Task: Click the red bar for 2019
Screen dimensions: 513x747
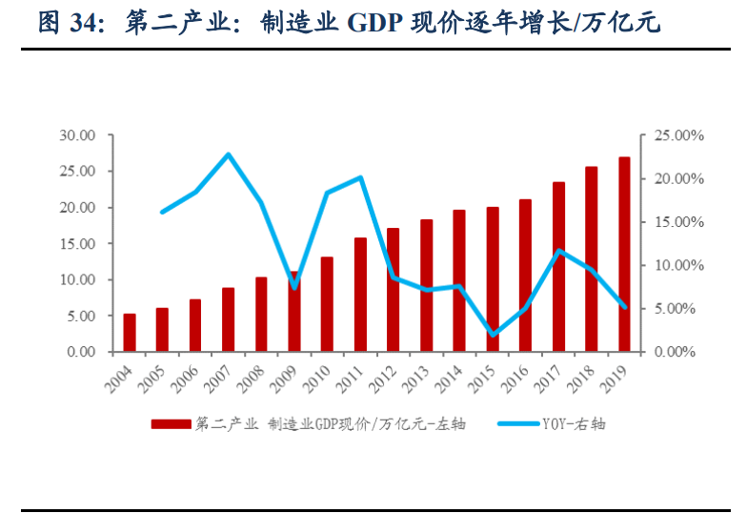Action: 624,255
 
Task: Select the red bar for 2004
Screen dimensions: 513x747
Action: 130,333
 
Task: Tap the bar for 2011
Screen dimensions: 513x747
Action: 360,295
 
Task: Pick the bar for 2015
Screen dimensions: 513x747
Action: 493,279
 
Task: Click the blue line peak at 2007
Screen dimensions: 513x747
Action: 229,154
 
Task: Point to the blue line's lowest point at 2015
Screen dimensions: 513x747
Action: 493,335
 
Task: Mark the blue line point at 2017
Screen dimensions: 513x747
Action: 558,251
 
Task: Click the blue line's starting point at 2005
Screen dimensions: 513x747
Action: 163,212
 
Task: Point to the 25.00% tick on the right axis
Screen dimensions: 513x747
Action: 678,136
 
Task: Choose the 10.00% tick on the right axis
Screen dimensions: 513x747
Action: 678,265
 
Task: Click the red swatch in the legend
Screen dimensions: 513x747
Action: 171,424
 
